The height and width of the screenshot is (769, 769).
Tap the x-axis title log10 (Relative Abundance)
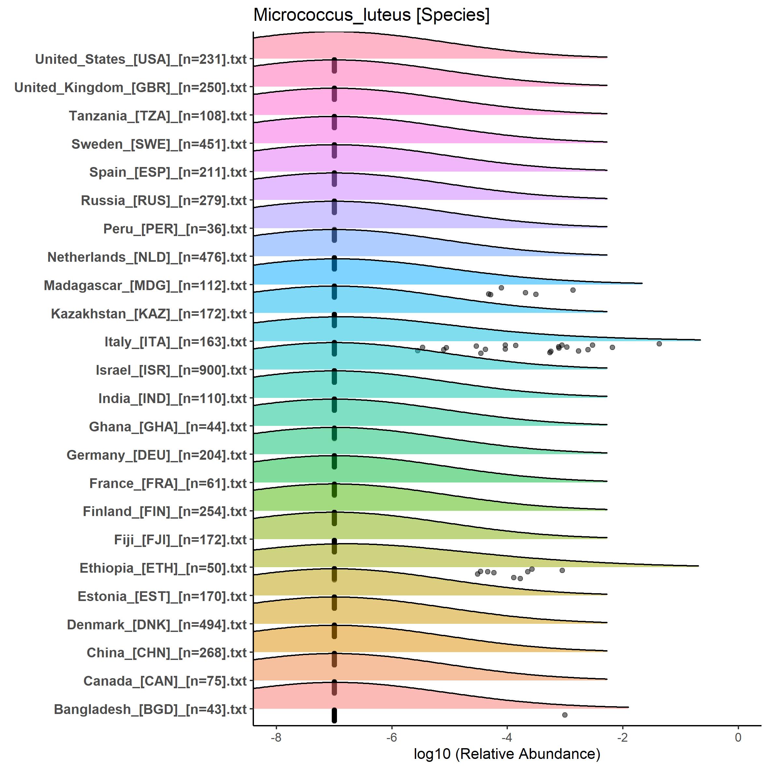(507, 753)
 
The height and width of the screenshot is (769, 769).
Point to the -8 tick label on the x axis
(276, 737)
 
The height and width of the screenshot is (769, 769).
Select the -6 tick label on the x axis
(391, 737)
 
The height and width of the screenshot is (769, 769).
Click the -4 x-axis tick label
(507, 737)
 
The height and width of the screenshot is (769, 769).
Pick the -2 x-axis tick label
(622, 737)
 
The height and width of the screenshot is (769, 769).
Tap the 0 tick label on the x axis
(738, 737)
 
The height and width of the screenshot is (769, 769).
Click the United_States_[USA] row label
(141, 59)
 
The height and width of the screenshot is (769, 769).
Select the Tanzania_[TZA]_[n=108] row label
(158, 116)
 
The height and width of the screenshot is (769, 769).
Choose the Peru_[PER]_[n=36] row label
(175, 229)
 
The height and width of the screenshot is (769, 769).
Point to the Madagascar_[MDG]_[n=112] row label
(145, 286)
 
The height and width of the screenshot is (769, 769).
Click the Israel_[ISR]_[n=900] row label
(171, 370)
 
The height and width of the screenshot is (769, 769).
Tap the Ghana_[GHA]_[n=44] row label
(168, 427)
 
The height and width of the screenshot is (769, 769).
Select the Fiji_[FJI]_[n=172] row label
(180, 540)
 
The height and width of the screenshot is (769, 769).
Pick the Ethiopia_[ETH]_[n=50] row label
(163, 568)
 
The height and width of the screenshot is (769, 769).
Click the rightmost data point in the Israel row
(659, 343)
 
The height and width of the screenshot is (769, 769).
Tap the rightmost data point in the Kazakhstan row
(573, 290)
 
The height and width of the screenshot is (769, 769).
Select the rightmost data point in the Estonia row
(562, 570)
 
